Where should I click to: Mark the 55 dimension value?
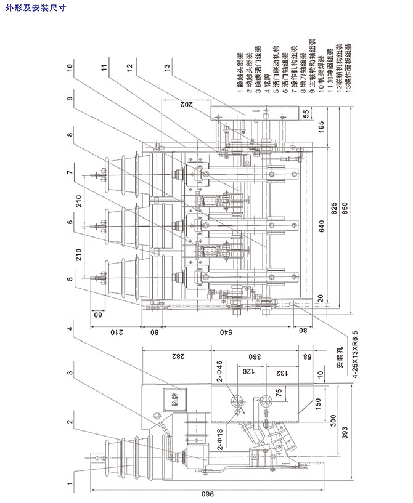click(305, 113)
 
